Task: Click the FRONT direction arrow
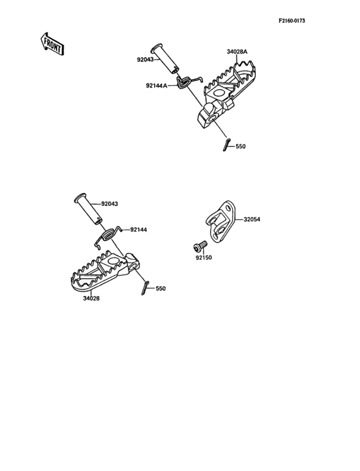pyautogui.click(x=52, y=44)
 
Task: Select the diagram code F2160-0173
pyautogui.click(x=292, y=21)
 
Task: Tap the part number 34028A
pyautogui.click(x=237, y=52)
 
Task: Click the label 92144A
pyautogui.click(x=157, y=86)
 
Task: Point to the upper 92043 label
pyautogui.click(x=145, y=60)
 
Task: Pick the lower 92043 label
pyautogui.click(x=109, y=204)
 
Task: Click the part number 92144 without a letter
pyautogui.click(x=139, y=230)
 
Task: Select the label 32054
pyautogui.click(x=252, y=219)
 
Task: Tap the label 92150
pyautogui.click(x=204, y=258)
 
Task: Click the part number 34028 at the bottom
pyautogui.click(x=91, y=299)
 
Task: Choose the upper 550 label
pyautogui.click(x=240, y=147)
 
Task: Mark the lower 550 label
pyautogui.click(x=161, y=289)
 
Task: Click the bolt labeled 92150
pyautogui.click(x=200, y=246)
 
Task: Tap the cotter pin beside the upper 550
pyautogui.click(x=227, y=145)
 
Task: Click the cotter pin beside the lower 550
pyautogui.click(x=145, y=288)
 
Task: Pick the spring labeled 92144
pyautogui.click(x=108, y=235)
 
